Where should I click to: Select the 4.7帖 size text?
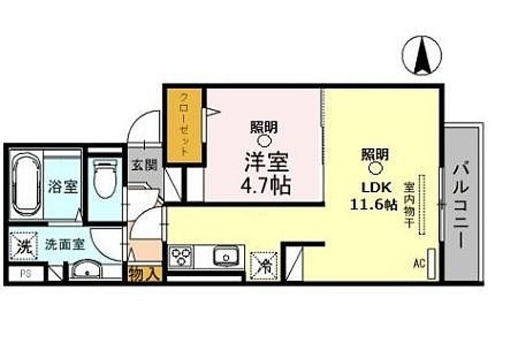click(265, 185)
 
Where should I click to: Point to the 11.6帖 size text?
click(374, 205)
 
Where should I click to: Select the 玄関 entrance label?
click(143, 166)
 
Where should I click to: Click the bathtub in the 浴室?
click(27, 184)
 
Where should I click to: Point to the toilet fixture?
click(104, 180)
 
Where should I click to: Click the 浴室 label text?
click(63, 188)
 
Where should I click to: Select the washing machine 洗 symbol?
click(23, 246)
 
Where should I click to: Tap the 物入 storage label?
click(144, 273)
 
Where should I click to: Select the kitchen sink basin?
click(225, 256)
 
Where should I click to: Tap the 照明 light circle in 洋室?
click(264, 140)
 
